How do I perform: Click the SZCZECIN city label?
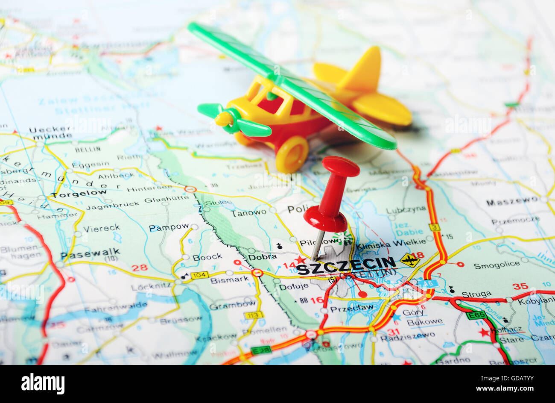(x=346, y=265)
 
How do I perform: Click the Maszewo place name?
(x=512, y=201)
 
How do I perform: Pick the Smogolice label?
(x=497, y=265)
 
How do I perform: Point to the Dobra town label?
(x=263, y=257)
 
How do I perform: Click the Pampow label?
(x=169, y=227)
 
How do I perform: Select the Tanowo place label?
(x=248, y=212)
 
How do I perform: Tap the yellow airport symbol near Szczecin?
(x=409, y=260)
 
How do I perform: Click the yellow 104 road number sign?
(x=199, y=275)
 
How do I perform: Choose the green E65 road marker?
(x=476, y=315)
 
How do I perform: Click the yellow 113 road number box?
(x=254, y=315)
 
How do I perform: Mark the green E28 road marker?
(x=261, y=350)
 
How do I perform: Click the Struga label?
(x=476, y=294)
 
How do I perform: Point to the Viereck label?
(x=101, y=228)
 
